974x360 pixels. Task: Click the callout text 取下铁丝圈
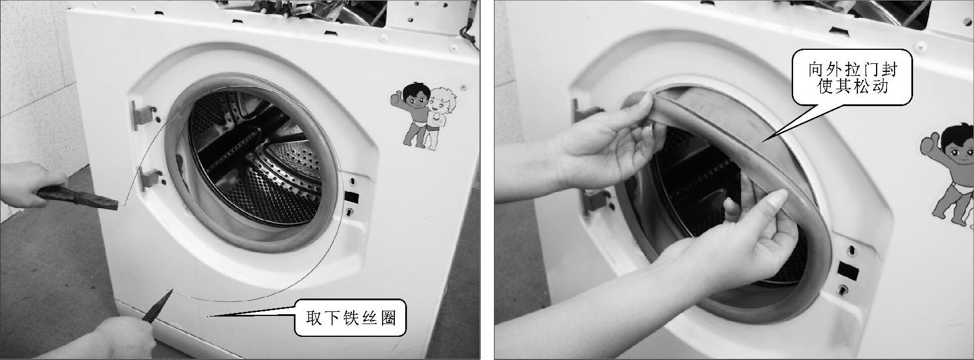tap(351, 318)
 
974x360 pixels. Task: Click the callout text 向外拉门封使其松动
tap(852, 78)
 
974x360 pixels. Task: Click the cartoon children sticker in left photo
tap(424, 115)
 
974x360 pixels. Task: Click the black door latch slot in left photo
tap(351, 197)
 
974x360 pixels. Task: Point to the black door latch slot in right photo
tap(848, 271)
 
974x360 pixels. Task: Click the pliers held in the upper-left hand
tap(78, 198)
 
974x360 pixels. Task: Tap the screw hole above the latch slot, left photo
tap(352, 180)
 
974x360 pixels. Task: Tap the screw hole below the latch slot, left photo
tap(349, 212)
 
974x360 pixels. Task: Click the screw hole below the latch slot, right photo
tap(843, 290)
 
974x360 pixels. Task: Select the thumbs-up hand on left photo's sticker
tap(397, 99)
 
